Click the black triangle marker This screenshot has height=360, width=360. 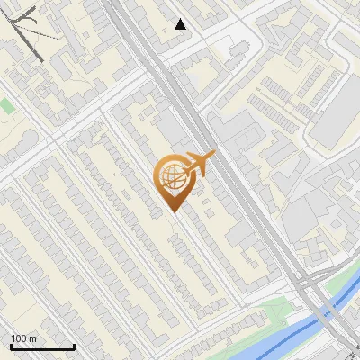point(181,24)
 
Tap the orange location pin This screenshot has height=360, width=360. point(173,180)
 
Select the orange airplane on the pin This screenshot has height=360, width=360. point(200,163)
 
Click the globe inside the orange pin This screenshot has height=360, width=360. point(172,177)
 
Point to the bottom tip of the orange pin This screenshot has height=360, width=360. point(174,211)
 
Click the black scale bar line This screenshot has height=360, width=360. point(41,347)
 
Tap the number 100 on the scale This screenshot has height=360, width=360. point(18,338)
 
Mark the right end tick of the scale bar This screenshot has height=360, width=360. point(74,346)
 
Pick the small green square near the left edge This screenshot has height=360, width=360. point(7,106)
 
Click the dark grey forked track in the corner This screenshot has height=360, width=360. point(27,31)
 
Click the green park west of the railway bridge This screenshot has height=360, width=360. point(270,315)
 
